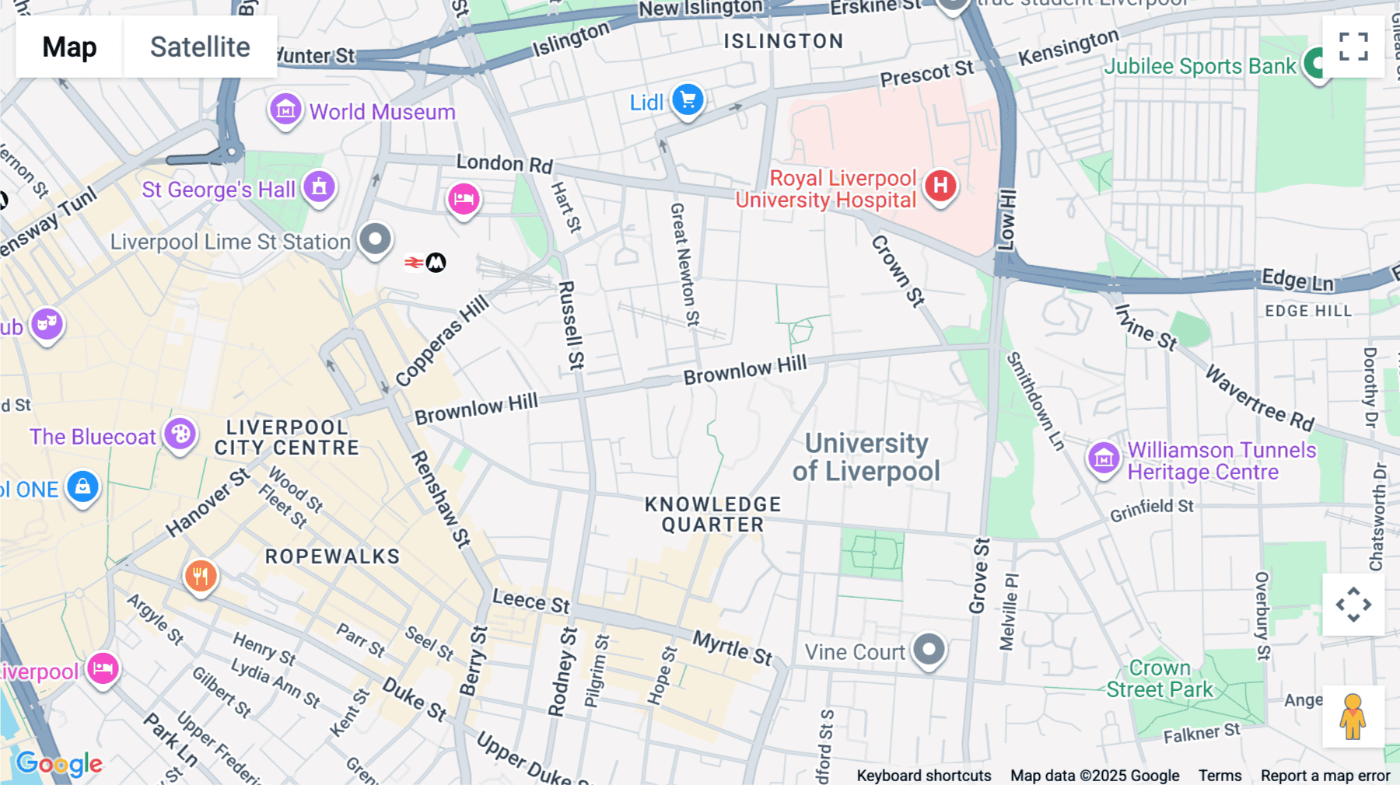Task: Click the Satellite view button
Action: pyautogui.click(x=200, y=47)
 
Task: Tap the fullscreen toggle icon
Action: pyautogui.click(x=1353, y=47)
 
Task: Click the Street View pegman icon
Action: pyautogui.click(x=1353, y=717)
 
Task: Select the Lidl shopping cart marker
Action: pyautogui.click(x=688, y=100)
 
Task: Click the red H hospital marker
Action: pyautogui.click(x=940, y=186)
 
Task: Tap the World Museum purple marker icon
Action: pyautogui.click(x=285, y=110)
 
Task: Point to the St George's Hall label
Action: pyautogui.click(x=219, y=190)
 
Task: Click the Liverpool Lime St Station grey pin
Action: pyautogui.click(x=375, y=239)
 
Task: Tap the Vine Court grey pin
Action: pyautogui.click(x=929, y=650)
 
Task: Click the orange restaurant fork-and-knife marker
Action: pyautogui.click(x=201, y=576)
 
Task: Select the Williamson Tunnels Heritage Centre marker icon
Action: pyautogui.click(x=1104, y=459)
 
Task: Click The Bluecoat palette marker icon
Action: pyautogui.click(x=180, y=434)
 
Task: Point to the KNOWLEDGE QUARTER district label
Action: pyautogui.click(x=712, y=515)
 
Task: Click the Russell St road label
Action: pyautogui.click(x=571, y=325)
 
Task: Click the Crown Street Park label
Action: pyautogui.click(x=1159, y=679)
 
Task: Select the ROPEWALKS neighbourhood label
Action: pyautogui.click(x=332, y=556)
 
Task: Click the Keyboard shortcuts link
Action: pyautogui.click(x=923, y=775)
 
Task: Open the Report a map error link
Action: pyautogui.click(x=1325, y=775)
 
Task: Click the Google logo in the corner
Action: pyautogui.click(x=60, y=764)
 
